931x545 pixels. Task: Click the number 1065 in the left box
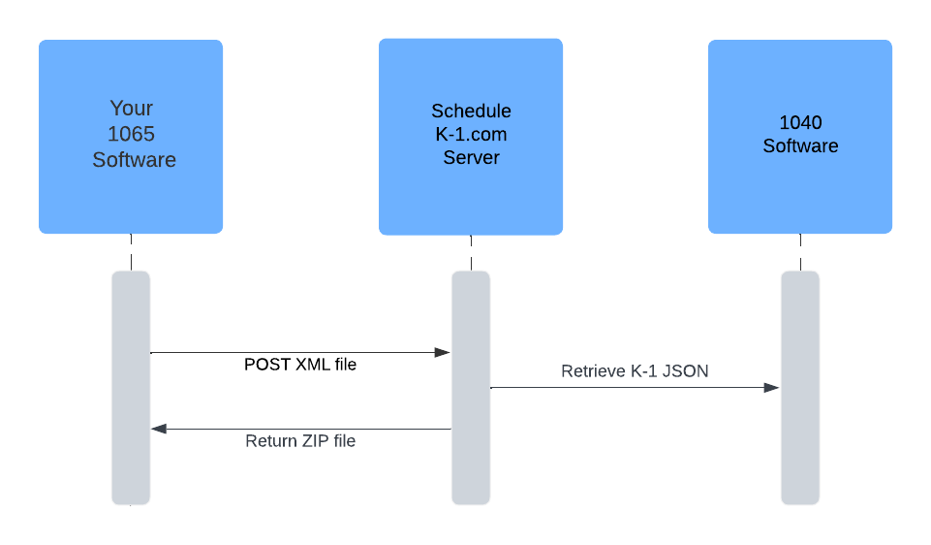coord(132,134)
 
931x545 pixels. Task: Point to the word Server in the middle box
coord(471,157)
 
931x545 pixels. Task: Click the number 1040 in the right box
coord(800,123)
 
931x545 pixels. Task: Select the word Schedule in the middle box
coord(471,112)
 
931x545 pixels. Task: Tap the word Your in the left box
coord(132,109)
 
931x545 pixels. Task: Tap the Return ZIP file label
coord(300,441)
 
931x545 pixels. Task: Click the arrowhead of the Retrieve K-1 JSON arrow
coord(772,388)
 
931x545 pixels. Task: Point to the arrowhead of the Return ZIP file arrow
coord(159,429)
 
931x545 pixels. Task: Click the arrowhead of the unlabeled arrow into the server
coord(443,353)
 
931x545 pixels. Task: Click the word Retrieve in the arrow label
coord(593,371)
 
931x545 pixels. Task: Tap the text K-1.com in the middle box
coord(471,135)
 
